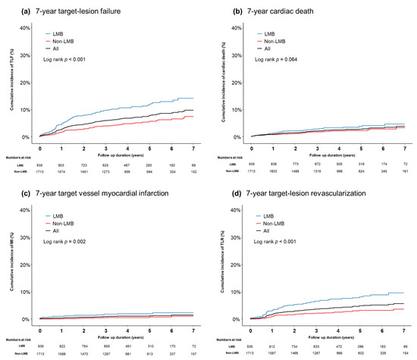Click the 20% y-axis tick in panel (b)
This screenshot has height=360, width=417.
pos(237,83)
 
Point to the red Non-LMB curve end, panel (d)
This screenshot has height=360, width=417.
pos(404,309)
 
